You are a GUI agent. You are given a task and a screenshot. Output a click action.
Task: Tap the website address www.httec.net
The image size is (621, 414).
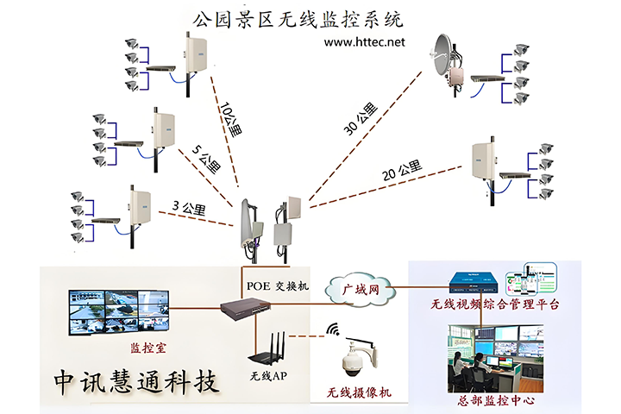coord(364,41)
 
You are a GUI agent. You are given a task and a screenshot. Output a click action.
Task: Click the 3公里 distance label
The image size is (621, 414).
coord(187,208)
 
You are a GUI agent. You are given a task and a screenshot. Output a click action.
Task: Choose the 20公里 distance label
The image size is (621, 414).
coord(401,171)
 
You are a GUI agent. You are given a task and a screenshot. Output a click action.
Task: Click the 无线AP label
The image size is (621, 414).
coord(273,376)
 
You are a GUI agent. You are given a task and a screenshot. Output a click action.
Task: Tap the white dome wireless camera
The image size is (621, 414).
coord(357,361)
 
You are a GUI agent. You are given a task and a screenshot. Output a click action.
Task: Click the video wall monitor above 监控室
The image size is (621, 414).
coord(119,310)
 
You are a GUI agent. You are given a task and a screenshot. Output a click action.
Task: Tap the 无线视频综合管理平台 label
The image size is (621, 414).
coord(496,304)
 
